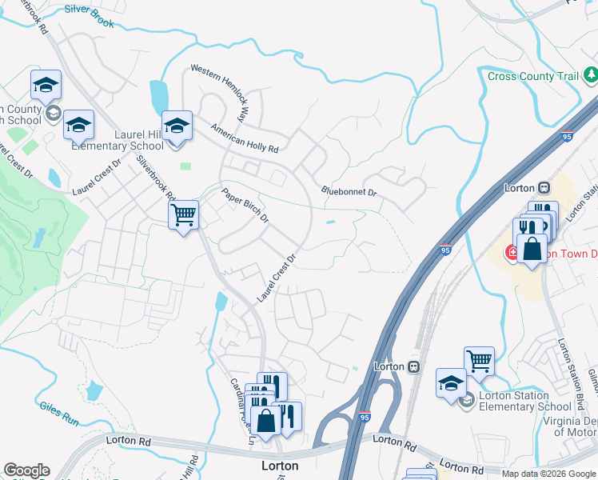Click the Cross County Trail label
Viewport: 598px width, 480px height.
click(x=532, y=76)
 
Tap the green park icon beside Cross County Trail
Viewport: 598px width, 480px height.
click(x=591, y=75)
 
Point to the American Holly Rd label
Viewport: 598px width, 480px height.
click(x=244, y=138)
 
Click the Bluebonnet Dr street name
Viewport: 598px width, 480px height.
click(x=348, y=192)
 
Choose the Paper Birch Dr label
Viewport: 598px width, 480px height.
click(x=245, y=206)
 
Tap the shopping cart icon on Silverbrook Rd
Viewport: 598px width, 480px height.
click(x=183, y=214)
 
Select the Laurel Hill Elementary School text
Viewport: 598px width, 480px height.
click(x=118, y=141)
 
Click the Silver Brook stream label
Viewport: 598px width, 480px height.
click(x=89, y=17)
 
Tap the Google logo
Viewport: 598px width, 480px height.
click(x=26, y=470)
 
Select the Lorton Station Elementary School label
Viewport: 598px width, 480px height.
click(x=524, y=401)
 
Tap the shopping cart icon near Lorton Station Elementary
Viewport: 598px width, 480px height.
click(x=479, y=361)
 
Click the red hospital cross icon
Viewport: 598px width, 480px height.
click(x=510, y=253)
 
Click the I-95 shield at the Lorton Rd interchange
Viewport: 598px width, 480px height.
click(x=365, y=417)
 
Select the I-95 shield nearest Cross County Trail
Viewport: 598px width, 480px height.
click(x=567, y=137)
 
